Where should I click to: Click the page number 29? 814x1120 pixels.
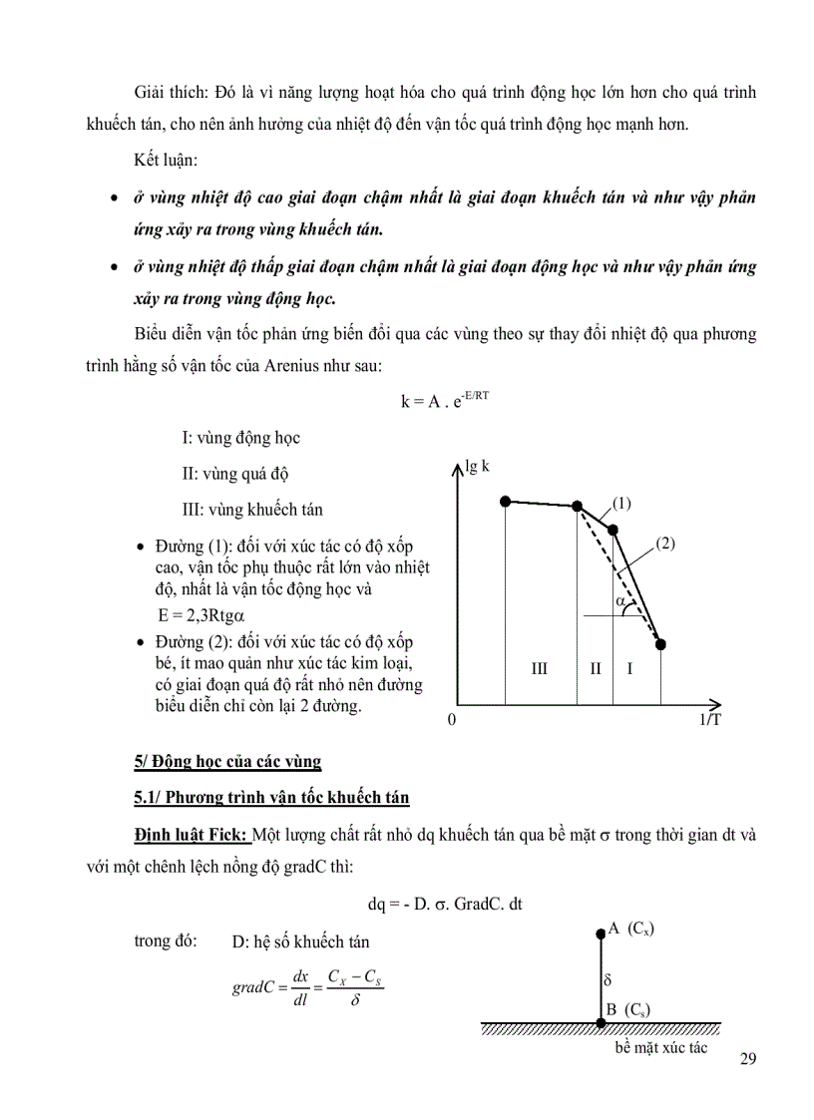coord(748,1058)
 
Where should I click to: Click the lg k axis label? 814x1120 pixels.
coord(477,466)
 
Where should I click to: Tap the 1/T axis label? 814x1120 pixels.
coord(709,720)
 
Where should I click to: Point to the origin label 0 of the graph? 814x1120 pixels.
coord(452,720)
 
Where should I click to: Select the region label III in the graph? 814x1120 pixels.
coord(539,668)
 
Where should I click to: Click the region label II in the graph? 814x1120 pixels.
coord(595,668)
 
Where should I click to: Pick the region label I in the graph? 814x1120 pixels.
coord(629,668)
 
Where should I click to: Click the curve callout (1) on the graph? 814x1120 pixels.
coord(622,503)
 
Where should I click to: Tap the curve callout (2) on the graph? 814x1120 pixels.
coord(666,544)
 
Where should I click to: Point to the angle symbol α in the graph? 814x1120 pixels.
coord(619,602)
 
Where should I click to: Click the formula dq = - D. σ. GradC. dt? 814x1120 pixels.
coord(446,904)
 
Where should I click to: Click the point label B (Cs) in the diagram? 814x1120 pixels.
coord(628,1009)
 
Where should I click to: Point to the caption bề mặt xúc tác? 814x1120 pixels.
coord(660,1048)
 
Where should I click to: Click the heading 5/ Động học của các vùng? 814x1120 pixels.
coord(227,762)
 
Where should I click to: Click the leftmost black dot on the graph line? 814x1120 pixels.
coord(506,501)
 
